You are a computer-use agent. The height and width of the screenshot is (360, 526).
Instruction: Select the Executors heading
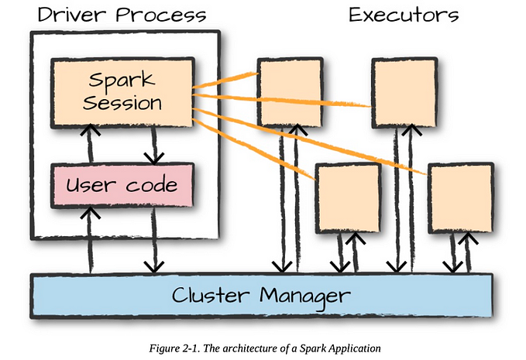point(403,15)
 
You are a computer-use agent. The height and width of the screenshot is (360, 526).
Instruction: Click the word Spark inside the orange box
point(122,81)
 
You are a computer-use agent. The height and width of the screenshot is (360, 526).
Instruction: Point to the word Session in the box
point(122,103)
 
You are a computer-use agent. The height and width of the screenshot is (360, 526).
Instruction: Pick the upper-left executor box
point(288,93)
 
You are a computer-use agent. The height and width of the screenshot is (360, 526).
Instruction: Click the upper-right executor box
point(403,93)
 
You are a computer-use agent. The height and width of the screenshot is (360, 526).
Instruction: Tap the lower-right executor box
point(460,198)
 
